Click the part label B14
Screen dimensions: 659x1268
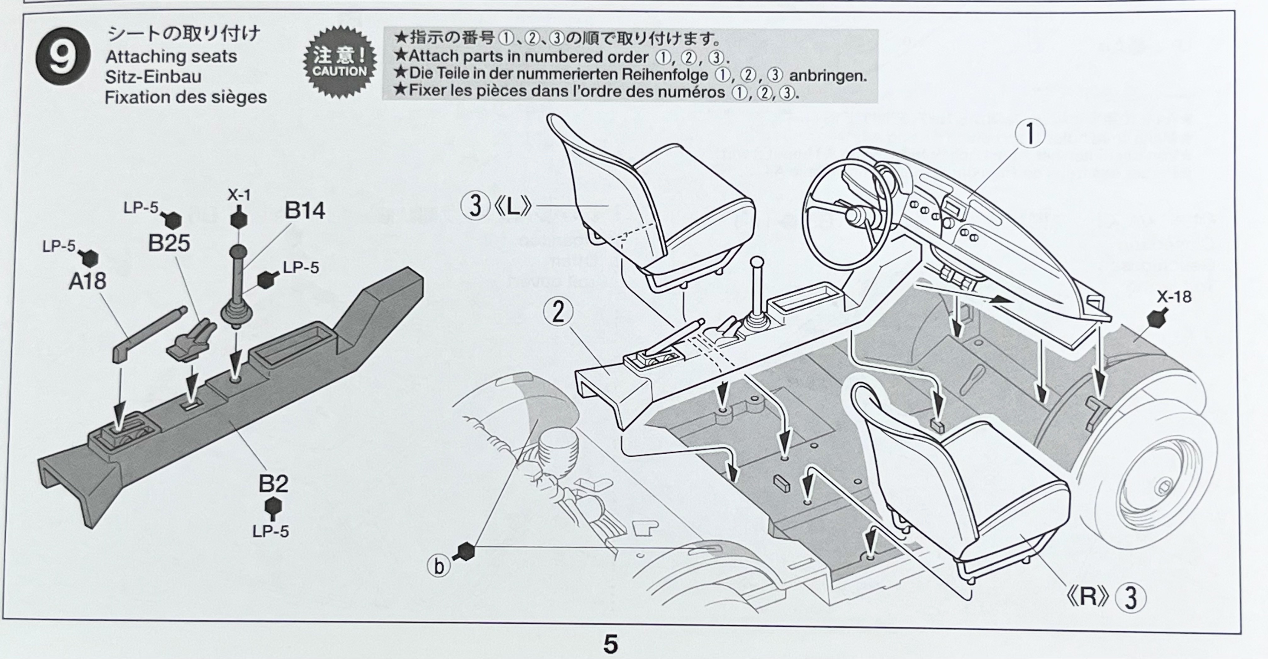point(305,211)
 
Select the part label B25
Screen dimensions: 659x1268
point(169,243)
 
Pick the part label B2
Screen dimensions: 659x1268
point(273,484)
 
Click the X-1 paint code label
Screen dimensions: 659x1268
point(239,195)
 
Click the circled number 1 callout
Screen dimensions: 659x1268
point(1029,134)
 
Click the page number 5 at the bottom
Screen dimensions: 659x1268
point(610,644)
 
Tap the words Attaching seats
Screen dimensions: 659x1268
point(171,57)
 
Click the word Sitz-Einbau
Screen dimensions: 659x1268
point(153,77)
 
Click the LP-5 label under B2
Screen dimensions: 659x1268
point(271,531)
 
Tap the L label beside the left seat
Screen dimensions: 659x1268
point(512,207)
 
